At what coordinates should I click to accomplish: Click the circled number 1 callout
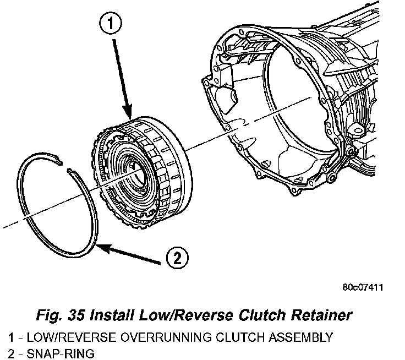[x=111, y=24]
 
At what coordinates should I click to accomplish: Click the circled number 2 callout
[x=177, y=258]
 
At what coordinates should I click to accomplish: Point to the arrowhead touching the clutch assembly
[x=128, y=111]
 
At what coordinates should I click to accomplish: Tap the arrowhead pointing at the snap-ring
[x=103, y=247]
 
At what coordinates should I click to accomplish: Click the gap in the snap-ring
[x=64, y=166]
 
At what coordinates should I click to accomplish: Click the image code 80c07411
[x=363, y=287]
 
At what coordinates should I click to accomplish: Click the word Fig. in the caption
[x=49, y=315]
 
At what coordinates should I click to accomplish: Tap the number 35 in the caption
[x=76, y=315]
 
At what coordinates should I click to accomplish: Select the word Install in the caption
[x=112, y=315]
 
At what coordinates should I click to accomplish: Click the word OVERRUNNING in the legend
[x=166, y=337]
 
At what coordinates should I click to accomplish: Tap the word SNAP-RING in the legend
[x=61, y=353]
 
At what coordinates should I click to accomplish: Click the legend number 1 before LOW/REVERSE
[x=11, y=337]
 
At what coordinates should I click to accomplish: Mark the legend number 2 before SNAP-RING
[x=12, y=353]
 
